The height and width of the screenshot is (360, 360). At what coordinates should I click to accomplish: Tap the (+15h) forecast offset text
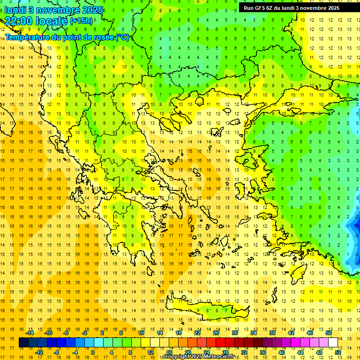click(81, 21)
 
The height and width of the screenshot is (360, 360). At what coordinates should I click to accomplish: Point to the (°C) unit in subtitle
click(122, 37)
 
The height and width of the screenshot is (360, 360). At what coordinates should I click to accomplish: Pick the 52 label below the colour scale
click(338, 352)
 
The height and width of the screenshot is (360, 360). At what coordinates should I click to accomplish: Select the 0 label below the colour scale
click(93, 352)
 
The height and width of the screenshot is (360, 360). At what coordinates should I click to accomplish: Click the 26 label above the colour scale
click(216, 333)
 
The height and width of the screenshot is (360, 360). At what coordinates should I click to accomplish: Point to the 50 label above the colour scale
click(328, 333)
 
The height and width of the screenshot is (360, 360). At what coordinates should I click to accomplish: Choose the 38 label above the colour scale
click(272, 333)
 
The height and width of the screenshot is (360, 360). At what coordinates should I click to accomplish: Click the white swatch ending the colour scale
click(333, 343)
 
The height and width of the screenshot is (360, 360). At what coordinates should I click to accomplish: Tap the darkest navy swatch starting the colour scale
click(24, 343)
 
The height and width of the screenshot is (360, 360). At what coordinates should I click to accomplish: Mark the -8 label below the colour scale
click(57, 352)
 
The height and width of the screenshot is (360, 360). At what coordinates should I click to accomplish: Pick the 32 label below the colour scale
click(244, 352)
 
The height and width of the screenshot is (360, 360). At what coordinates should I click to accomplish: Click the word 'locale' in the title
click(52, 21)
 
